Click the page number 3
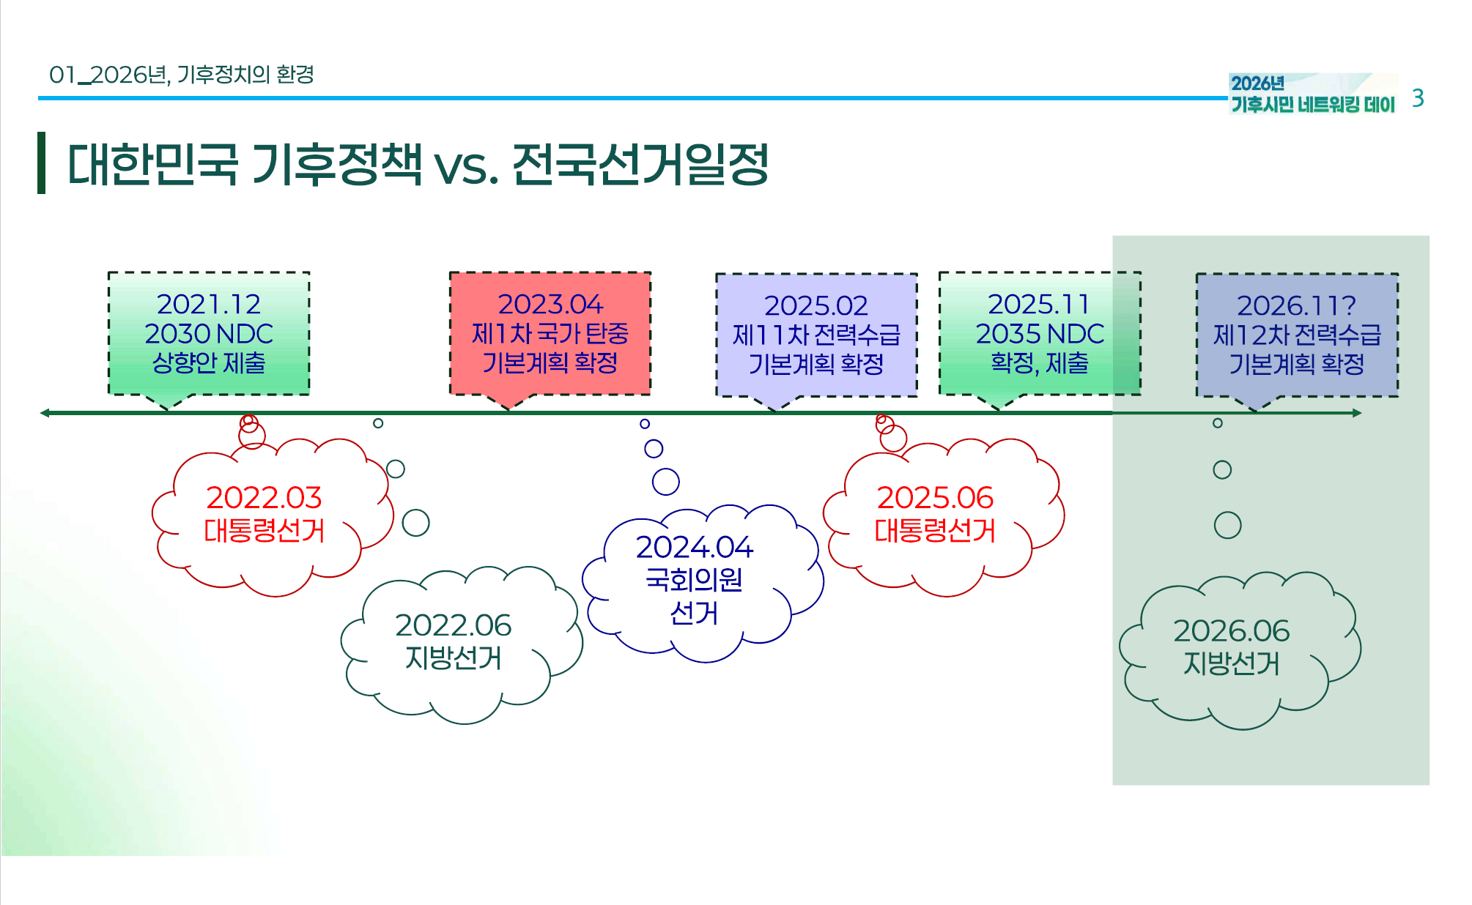tap(1418, 98)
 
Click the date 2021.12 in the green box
tap(209, 304)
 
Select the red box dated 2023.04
tap(550, 333)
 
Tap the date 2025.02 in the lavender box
tap(815, 305)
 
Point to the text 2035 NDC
tap(1040, 334)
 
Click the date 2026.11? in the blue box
tap(1296, 305)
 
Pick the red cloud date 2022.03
tap(264, 498)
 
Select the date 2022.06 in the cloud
tap(453, 625)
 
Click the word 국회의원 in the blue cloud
tap(694, 580)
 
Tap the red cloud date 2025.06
tap(935, 498)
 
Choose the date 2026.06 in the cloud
tap(1231, 630)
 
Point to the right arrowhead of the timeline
tap(1357, 413)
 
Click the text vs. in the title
tap(466, 165)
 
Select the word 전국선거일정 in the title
tap(640, 164)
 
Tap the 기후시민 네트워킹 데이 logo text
tap(1312, 105)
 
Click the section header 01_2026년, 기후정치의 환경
tap(182, 75)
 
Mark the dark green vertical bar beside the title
tap(42, 163)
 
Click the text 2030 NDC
tap(209, 334)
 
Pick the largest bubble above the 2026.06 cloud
tap(1227, 525)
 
